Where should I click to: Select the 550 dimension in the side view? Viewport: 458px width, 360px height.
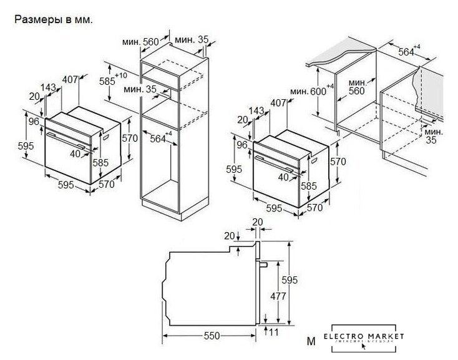click(x=212, y=336)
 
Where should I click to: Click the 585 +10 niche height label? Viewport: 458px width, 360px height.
click(x=110, y=80)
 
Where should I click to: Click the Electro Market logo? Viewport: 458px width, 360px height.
click(x=368, y=338)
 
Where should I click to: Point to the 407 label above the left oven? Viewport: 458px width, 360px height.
click(x=70, y=79)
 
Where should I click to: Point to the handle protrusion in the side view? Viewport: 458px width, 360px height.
click(x=265, y=265)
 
